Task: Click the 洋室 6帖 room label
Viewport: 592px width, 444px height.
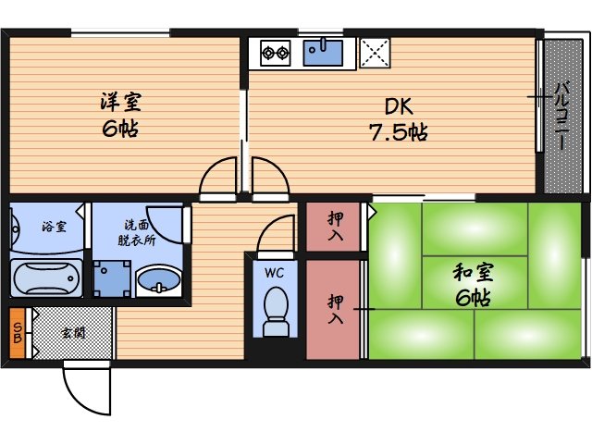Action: [x=121, y=114]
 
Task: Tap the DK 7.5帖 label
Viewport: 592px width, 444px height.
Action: [x=398, y=119]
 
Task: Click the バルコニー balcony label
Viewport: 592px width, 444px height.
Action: [x=561, y=116]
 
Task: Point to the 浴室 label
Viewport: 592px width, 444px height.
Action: [x=53, y=226]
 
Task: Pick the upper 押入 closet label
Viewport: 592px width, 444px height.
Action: [x=337, y=226]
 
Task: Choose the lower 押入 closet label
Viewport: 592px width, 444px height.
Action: [x=337, y=309]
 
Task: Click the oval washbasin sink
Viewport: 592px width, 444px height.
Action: [x=158, y=278]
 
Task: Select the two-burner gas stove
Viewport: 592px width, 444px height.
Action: [x=275, y=52]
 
